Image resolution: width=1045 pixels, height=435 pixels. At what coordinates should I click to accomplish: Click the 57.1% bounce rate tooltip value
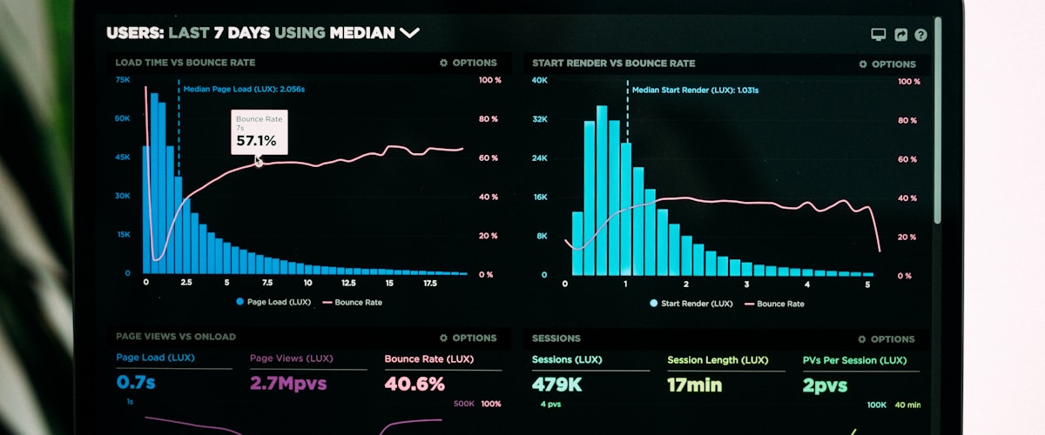[x=256, y=140]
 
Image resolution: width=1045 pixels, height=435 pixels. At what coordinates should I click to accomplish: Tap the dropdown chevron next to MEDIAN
[x=409, y=33]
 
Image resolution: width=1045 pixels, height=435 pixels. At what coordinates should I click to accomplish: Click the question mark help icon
[x=920, y=35]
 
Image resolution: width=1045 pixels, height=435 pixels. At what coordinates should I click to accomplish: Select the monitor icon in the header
[x=879, y=35]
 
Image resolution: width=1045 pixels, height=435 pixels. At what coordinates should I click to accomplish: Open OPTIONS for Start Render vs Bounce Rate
[x=887, y=64]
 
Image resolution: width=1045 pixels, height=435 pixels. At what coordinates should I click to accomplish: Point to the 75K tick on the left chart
[x=123, y=79]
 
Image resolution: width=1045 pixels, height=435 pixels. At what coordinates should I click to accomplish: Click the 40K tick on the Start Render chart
[x=540, y=80]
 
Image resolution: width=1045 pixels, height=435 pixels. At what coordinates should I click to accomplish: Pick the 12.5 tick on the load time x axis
[x=348, y=283]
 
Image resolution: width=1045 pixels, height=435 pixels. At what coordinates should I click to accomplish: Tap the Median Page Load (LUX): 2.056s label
[x=244, y=89]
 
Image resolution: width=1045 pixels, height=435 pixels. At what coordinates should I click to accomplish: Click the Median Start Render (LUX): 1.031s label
[x=695, y=90]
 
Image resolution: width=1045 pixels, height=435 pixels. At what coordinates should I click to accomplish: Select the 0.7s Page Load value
[x=136, y=383]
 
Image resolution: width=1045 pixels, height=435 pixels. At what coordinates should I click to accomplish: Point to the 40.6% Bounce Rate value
[x=415, y=384]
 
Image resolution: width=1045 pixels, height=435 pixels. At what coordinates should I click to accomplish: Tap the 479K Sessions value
[x=557, y=385]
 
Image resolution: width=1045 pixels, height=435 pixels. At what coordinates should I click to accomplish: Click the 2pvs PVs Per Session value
[x=825, y=385]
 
